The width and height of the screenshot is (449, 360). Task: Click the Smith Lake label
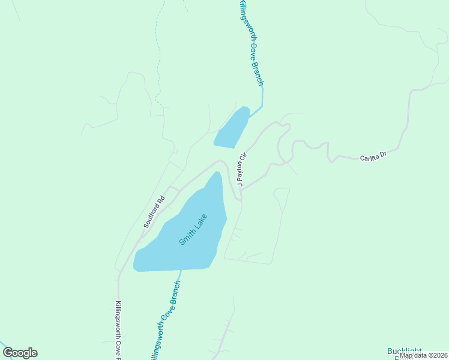193,229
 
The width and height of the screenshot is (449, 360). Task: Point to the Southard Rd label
154,213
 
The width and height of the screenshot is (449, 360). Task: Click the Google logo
20,353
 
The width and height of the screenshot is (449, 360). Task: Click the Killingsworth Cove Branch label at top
252,42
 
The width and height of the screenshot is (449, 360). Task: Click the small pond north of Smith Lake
232,128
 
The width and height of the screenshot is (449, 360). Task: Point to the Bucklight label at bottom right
405,351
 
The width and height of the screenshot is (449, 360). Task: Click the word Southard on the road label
151,217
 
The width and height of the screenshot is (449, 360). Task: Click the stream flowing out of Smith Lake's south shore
180,275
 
